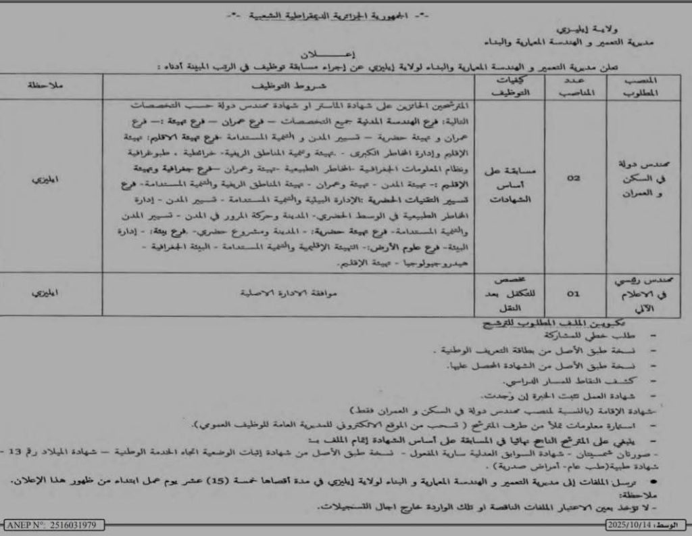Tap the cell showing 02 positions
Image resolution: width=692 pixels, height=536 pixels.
click(574, 179)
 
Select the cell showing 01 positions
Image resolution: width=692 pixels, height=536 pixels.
click(573, 294)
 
